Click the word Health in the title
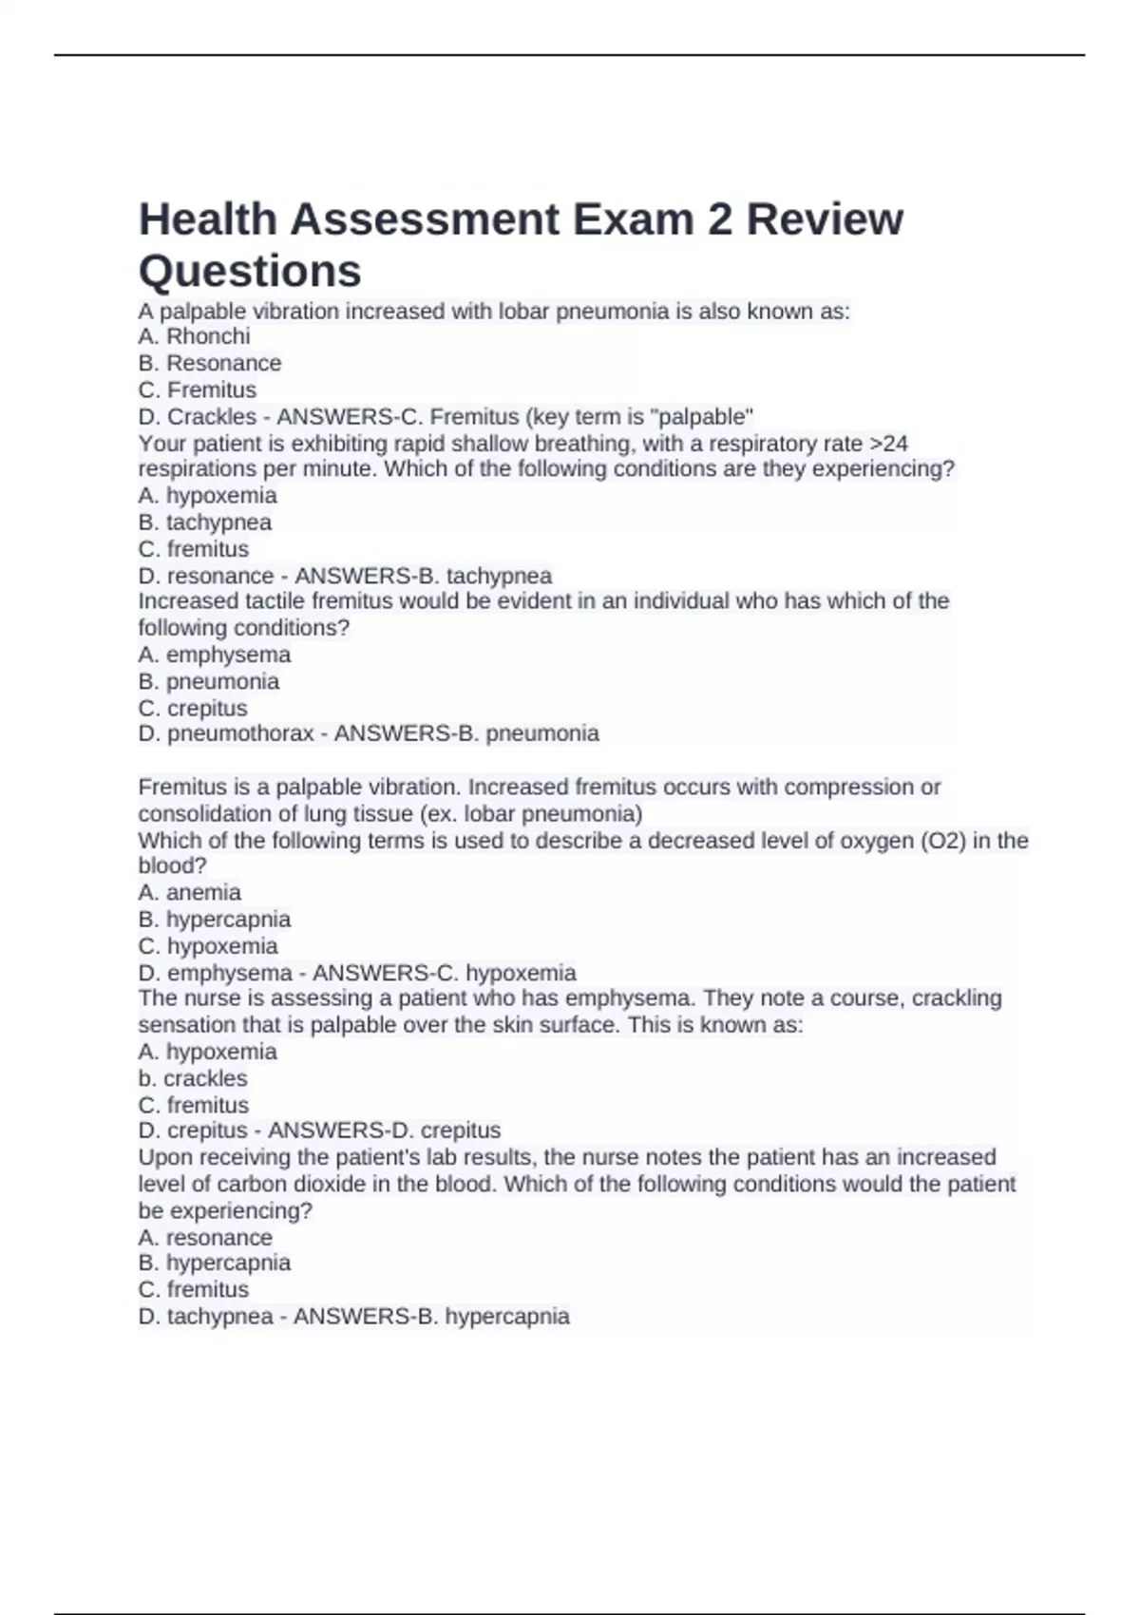(x=207, y=219)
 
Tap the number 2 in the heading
(x=719, y=219)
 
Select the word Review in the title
(x=825, y=219)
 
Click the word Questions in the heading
(x=250, y=271)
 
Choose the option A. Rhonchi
(x=194, y=336)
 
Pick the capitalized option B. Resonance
(x=209, y=363)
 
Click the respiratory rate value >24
(x=889, y=444)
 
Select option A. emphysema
(x=214, y=655)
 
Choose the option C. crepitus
(x=193, y=708)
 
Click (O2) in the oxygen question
(x=943, y=841)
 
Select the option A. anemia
(x=189, y=892)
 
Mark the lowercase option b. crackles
(x=192, y=1078)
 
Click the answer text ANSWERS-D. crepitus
(x=384, y=1130)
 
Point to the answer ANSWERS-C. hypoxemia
(x=444, y=973)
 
